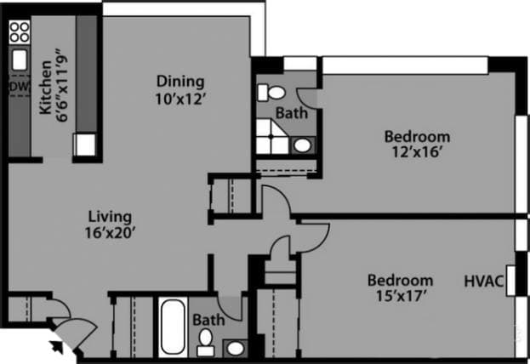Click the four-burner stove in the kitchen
pyautogui.click(x=19, y=33)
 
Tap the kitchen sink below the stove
pyautogui.click(x=19, y=62)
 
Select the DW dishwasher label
pyautogui.click(x=16, y=87)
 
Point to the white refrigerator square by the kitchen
pyautogui.click(x=86, y=145)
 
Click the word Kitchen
pyautogui.click(x=46, y=94)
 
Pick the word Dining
pyautogui.click(x=180, y=82)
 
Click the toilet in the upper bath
pyautogui.click(x=274, y=91)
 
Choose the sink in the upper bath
pyautogui.click(x=302, y=145)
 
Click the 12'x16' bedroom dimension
pyautogui.click(x=416, y=152)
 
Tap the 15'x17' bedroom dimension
pyautogui.click(x=400, y=296)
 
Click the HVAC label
pyautogui.click(x=484, y=281)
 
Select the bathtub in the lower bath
pyautogui.click(x=172, y=326)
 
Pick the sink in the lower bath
pyautogui.click(x=234, y=347)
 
